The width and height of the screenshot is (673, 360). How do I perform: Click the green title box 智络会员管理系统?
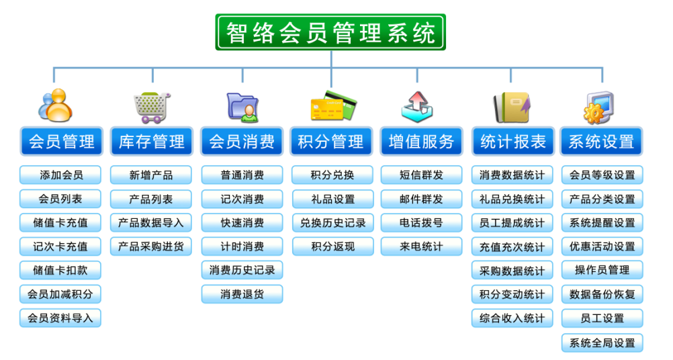330,32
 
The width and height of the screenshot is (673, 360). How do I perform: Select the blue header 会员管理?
61,141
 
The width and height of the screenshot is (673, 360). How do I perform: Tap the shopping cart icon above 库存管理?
152,107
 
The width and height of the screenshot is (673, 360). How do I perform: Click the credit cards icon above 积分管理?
334,105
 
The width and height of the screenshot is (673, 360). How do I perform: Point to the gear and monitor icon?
598,107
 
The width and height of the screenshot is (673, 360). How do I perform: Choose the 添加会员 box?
60,175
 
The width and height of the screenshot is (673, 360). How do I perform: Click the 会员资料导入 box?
60,318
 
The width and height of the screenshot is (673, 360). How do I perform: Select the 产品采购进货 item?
151,246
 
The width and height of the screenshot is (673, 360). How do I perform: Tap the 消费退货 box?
242,294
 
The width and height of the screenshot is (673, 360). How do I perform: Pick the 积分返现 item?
333,246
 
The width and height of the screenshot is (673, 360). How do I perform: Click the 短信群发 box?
422,175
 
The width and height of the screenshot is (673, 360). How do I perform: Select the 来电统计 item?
422,246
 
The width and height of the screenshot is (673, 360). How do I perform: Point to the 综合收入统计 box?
512,318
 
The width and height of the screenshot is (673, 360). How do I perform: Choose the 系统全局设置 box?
602,343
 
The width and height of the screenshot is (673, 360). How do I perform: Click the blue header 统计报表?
513,141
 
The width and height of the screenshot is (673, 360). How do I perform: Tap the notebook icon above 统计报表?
512,107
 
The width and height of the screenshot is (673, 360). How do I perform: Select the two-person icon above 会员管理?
55,105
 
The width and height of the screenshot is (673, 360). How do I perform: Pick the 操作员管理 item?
602,270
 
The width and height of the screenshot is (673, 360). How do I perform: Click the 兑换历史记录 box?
333,223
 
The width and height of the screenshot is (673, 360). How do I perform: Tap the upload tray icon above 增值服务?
416,106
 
